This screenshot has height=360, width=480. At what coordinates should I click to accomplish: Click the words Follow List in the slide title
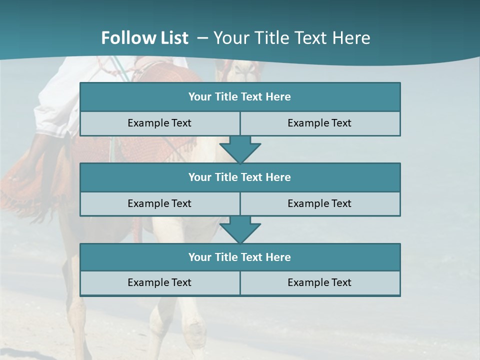click(144, 38)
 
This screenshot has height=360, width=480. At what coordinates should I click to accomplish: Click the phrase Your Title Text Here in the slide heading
click(291, 38)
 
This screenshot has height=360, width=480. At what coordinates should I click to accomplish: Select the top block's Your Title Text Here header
click(239, 97)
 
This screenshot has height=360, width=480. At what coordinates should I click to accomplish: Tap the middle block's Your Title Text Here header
click(239, 177)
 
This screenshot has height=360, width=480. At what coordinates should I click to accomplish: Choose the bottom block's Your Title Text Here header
click(239, 257)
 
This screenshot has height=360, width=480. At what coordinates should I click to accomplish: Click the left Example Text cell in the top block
click(159, 123)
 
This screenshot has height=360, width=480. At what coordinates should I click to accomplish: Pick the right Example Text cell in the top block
click(319, 123)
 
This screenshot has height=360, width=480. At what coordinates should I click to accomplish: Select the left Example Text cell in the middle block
click(159, 203)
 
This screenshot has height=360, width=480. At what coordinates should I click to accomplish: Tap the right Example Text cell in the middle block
click(319, 203)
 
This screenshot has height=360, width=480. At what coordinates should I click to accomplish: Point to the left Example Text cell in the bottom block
click(159, 282)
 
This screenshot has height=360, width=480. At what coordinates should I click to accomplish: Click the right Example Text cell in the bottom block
click(319, 282)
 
